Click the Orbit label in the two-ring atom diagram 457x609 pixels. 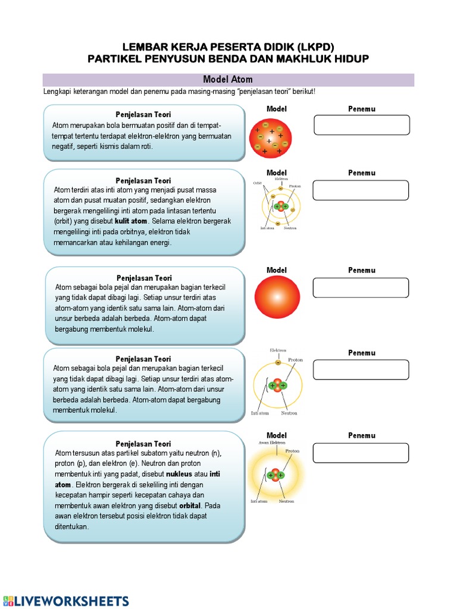pos(258,183)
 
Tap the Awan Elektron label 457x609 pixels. pos(271,442)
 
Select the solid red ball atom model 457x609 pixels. pos(277,298)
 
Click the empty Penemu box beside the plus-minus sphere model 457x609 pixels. pos(361,125)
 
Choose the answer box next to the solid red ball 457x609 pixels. pos(361,287)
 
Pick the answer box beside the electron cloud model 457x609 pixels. pos(361,453)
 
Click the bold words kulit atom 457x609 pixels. pos(131,221)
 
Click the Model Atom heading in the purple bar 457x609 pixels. pos(228,80)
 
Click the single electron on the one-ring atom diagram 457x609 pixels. pos(278,362)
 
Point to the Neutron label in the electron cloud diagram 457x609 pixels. pos(286,501)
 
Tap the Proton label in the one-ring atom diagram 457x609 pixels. pos(295,360)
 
